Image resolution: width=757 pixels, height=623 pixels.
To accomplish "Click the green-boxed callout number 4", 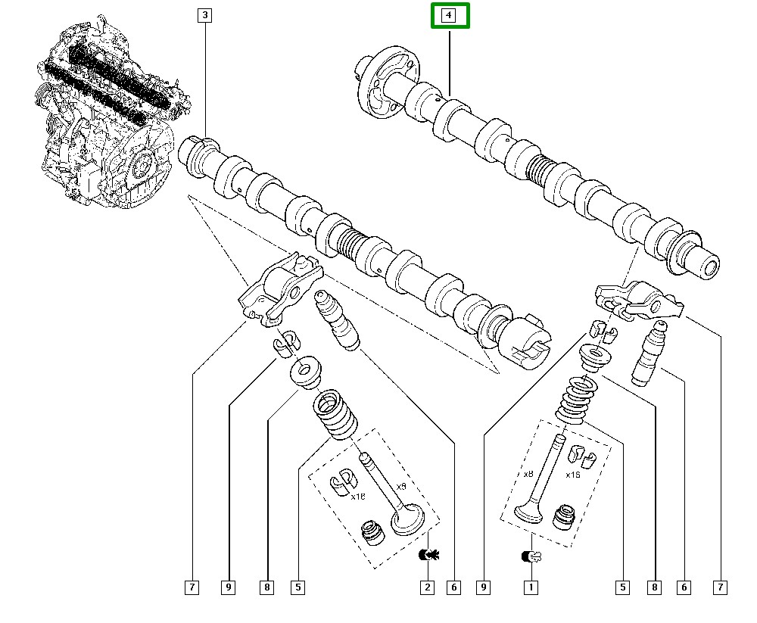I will (450, 16).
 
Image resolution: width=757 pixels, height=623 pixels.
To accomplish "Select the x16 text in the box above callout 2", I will (357, 497).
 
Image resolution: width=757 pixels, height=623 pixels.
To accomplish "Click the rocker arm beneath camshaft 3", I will (281, 291).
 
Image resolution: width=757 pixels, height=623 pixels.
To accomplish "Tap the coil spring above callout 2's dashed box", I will (334, 413).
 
